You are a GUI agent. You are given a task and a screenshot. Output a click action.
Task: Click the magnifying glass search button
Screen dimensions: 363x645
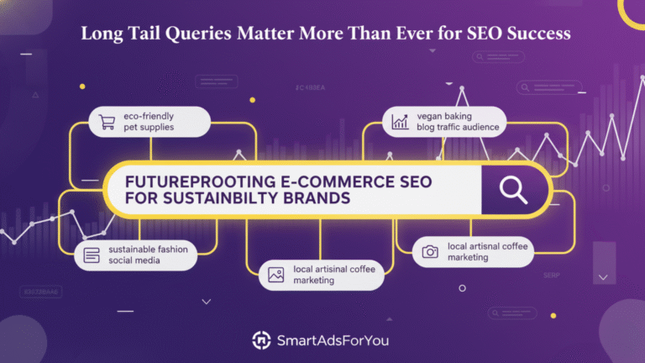pyautogui.click(x=512, y=189)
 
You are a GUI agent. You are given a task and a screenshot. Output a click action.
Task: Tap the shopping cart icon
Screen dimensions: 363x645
pyautogui.click(x=106, y=123)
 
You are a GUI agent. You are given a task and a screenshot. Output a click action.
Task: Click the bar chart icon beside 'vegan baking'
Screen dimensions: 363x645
pyautogui.click(x=399, y=121)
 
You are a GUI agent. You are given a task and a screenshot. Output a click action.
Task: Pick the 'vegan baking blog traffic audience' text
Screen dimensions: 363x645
pyautogui.click(x=457, y=121)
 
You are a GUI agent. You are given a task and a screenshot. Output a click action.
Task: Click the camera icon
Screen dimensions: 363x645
pyautogui.click(x=430, y=251)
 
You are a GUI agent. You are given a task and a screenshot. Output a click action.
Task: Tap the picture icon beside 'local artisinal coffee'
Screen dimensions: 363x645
pyautogui.click(x=275, y=274)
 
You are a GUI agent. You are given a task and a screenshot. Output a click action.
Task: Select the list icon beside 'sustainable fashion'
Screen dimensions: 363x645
pyautogui.click(x=92, y=254)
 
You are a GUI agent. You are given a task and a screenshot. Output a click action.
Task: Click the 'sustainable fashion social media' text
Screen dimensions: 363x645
pyautogui.click(x=147, y=254)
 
